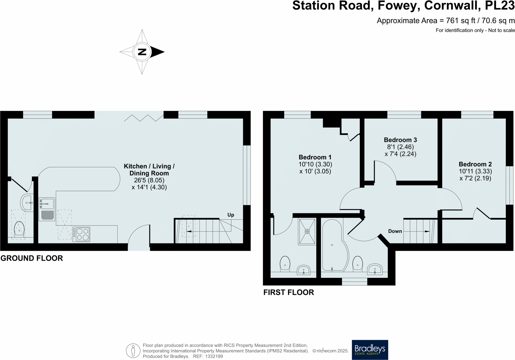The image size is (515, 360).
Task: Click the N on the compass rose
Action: click(x=142, y=52)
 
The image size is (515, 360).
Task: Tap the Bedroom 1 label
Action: click(x=315, y=157)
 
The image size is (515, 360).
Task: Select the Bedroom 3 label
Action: click(x=400, y=140)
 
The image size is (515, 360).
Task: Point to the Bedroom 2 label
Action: click(x=475, y=164)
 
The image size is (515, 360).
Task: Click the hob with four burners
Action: click(x=81, y=234)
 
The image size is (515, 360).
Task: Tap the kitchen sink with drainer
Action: click(x=47, y=209)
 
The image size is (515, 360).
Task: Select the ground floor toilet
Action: click(x=19, y=229)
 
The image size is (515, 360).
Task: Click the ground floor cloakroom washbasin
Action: click(x=27, y=203)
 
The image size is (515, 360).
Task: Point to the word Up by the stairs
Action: click(x=231, y=215)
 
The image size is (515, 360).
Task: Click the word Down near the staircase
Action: click(x=395, y=231)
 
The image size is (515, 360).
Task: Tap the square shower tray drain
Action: click(x=307, y=231)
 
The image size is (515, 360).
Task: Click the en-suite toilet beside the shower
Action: click(x=285, y=263)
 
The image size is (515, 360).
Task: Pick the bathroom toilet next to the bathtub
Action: click(x=358, y=263)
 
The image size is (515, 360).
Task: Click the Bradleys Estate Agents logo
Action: click(x=370, y=350)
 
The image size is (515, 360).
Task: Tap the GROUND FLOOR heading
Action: click(x=32, y=258)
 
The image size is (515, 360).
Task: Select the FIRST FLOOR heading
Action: click(x=289, y=292)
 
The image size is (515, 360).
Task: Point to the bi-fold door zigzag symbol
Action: click(x=144, y=118)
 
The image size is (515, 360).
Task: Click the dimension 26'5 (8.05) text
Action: click(x=149, y=180)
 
